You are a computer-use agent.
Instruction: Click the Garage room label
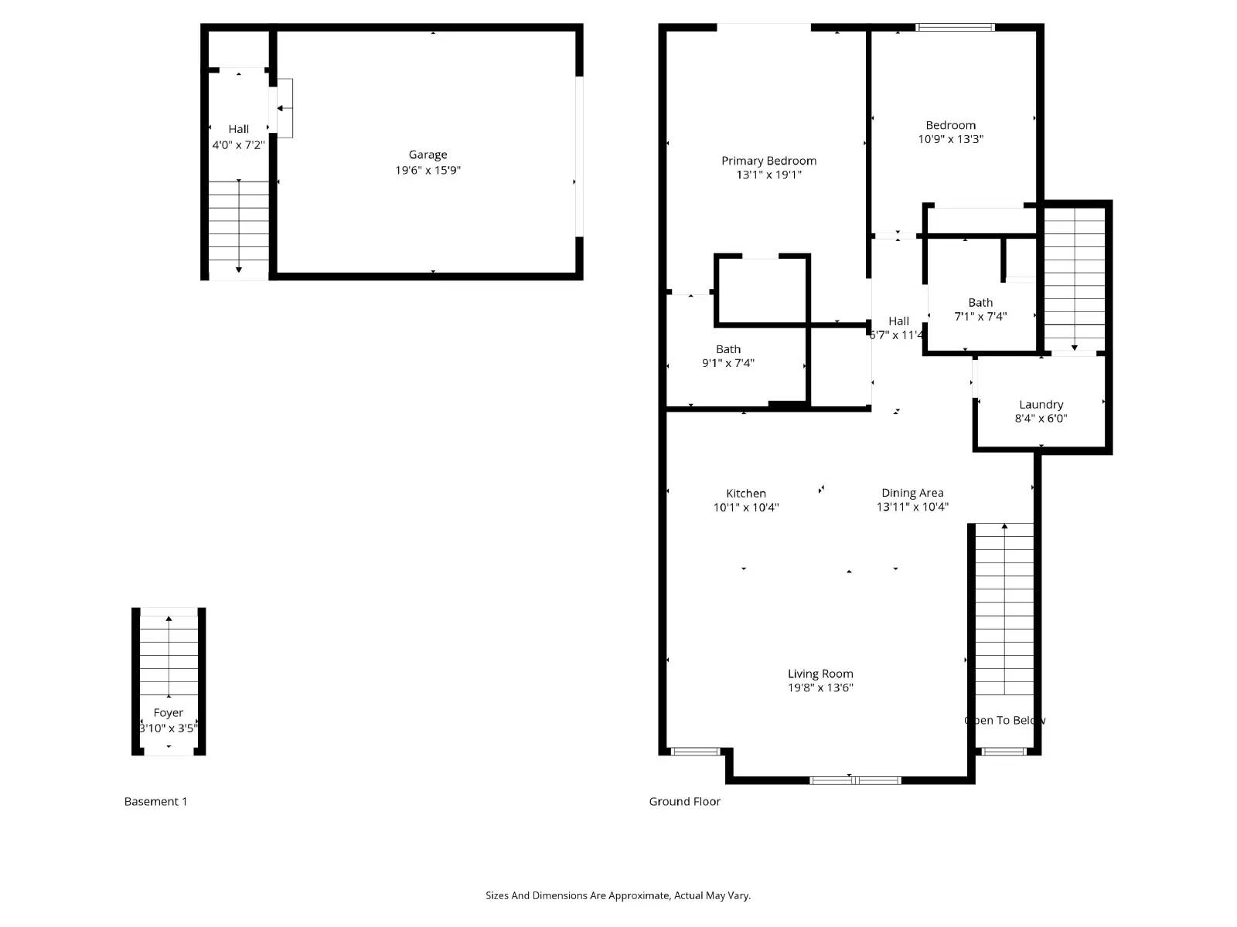pyautogui.click(x=428, y=154)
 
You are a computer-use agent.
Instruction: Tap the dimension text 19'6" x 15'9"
pyautogui.click(x=428, y=170)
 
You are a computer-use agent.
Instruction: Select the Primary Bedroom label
pyautogui.click(x=768, y=161)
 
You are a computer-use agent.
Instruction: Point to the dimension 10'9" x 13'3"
pyautogui.click(x=950, y=139)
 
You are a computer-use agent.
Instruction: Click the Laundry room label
pyautogui.click(x=1041, y=404)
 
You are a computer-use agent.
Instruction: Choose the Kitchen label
pyautogui.click(x=745, y=493)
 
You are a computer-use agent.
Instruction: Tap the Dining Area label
pyautogui.click(x=912, y=492)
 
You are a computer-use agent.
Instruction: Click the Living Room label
pyautogui.click(x=820, y=674)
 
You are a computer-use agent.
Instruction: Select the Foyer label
pyautogui.click(x=168, y=713)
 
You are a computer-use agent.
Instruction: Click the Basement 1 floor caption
pyautogui.click(x=155, y=801)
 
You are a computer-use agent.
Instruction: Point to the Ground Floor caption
pyautogui.click(x=684, y=801)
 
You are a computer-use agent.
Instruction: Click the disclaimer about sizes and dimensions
pyautogui.click(x=618, y=895)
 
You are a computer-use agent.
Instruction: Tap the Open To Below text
pyautogui.click(x=1004, y=720)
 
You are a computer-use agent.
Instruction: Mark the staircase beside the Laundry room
pyautogui.click(x=1074, y=278)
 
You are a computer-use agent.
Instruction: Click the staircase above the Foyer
pyautogui.click(x=169, y=657)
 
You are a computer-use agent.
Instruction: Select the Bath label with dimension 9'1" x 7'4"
pyautogui.click(x=728, y=349)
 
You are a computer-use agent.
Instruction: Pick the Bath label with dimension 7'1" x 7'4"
pyautogui.click(x=980, y=303)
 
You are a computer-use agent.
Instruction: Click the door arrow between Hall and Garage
pyautogui.click(x=284, y=108)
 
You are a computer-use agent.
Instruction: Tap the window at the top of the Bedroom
pyautogui.click(x=955, y=27)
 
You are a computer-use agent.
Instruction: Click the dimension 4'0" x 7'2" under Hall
pyautogui.click(x=238, y=144)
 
